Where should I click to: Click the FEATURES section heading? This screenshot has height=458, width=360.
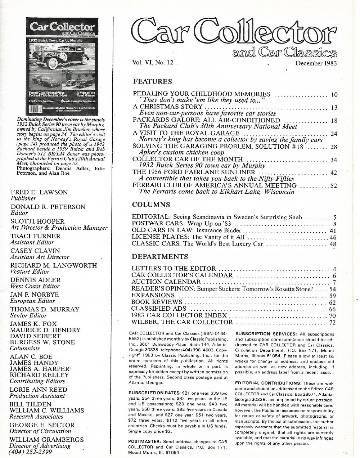pyautogui.click(x=152, y=81)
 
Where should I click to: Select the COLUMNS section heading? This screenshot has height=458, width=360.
pyautogui.click(x=151, y=205)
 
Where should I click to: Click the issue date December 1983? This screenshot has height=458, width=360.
pyautogui.click(x=316, y=63)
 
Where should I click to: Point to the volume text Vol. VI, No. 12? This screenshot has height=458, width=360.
pyautogui.click(x=153, y=62)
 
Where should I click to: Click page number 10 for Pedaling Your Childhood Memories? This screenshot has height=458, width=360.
pyautogui.click(x=334, y=95)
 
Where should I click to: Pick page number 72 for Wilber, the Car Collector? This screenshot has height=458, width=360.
pyautogui.click(x=332, y=322)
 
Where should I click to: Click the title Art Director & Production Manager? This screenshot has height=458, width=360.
pyautogui.click(x=59, y=228)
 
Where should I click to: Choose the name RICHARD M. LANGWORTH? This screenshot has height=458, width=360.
pyautogui.click(x=53, y=265)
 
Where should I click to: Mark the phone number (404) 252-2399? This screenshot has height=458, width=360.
pyautogui.click(x=30, y=452)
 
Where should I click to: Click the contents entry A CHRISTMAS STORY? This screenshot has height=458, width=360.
pyautogui.click(x=167, y=107)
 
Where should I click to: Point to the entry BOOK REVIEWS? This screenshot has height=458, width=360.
pyautogui.click(x=157, y=302)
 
